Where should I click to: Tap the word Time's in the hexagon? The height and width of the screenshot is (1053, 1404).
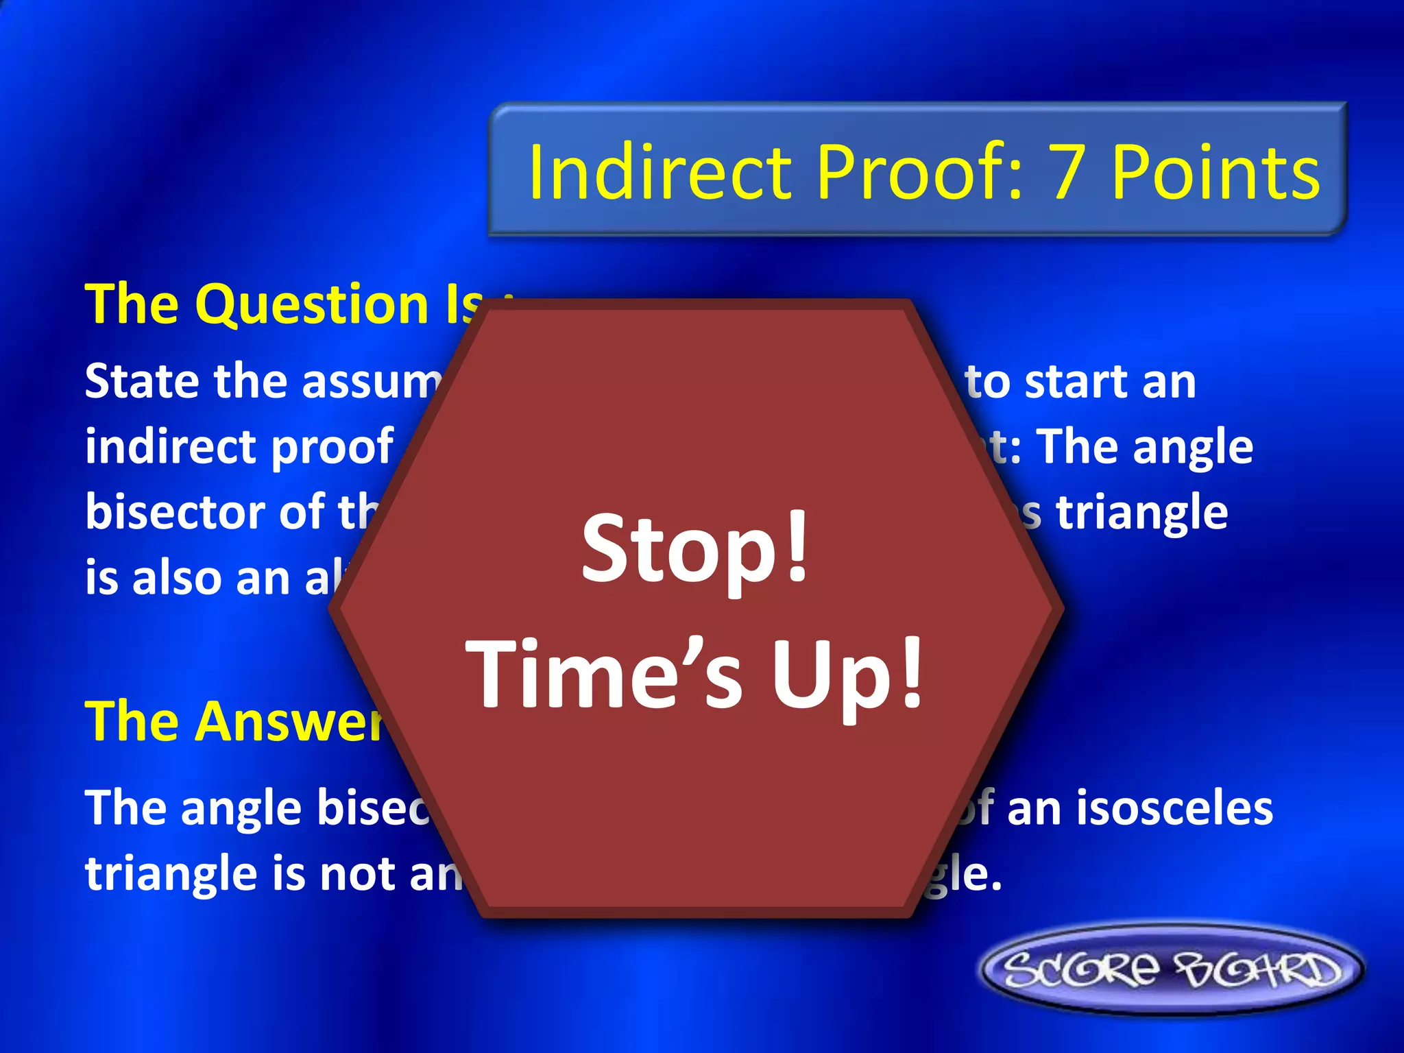(603, 675)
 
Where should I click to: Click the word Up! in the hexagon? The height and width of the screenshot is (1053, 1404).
(849, 675)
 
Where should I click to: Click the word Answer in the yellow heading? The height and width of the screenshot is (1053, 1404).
(288, 722)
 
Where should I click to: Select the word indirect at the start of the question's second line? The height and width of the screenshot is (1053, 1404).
(171, 447)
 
